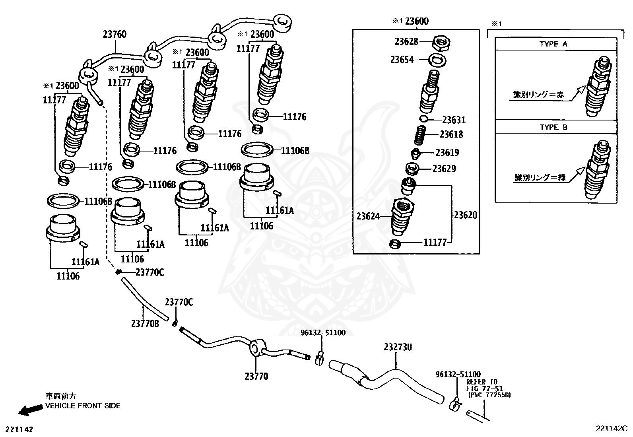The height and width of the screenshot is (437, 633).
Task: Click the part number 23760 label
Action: pyautogui.click(x=115, y=35)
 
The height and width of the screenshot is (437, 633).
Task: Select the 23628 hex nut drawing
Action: pyautogui.click(x=441, y=42)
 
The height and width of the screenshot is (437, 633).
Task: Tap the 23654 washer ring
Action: pyautogui.click(x=437, y=60)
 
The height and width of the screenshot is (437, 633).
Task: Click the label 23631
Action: pyautogui.click(x=454, y=120)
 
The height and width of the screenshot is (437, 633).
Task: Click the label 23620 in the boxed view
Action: pyautogui.click(x=465, y=215)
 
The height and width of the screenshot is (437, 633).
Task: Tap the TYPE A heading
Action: pyautogui.click(x=553, y=45)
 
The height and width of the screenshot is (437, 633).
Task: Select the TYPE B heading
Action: pyautogui.click(x=553, y=128)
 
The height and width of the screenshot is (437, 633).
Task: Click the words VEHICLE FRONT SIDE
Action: pyautogui.click(x=83, y=406)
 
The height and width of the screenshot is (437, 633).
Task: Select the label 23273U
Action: pyautogui.click(x=397, y=347)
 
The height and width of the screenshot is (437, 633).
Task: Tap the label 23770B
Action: pyautogui.click(x=145, y=323)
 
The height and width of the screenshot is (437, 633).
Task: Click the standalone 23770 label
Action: pyautogui.click(x=256, y=376)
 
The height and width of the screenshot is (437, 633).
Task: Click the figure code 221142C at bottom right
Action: pyautogui.click(x=611, y=428)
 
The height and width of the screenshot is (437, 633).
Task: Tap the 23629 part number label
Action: pyautogui.click(x=444, y=169)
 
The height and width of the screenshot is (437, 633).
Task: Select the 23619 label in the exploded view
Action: pyautogui.click(x=447, y=153)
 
